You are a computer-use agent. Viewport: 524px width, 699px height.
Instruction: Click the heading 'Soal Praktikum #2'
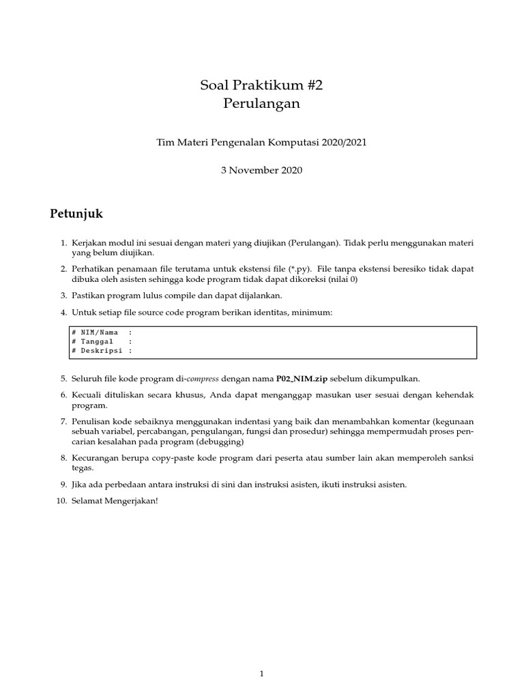tap(261, 85)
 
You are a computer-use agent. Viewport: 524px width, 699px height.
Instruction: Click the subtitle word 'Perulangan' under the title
tap(261, 104)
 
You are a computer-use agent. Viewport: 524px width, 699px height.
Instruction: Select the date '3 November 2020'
tap(261, 170)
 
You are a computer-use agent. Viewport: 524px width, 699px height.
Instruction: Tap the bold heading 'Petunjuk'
tap(76, 214)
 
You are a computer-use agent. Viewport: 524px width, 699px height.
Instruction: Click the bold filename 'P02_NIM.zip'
tap(301, 378)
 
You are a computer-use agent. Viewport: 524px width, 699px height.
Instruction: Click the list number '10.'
tap(62, 501)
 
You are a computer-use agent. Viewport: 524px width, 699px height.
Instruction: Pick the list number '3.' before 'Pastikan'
tap(63, 295)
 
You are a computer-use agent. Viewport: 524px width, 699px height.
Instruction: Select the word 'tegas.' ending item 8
tap(83, 468)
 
